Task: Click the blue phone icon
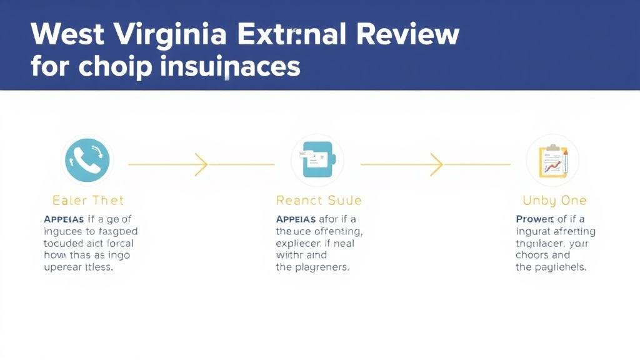87,161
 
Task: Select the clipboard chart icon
552,161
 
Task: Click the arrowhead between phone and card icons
201,164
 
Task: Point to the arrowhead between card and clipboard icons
436,164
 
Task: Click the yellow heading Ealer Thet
88,201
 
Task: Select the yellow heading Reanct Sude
319,201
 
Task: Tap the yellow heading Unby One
554,201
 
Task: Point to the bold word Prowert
534,219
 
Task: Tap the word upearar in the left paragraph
64,267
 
